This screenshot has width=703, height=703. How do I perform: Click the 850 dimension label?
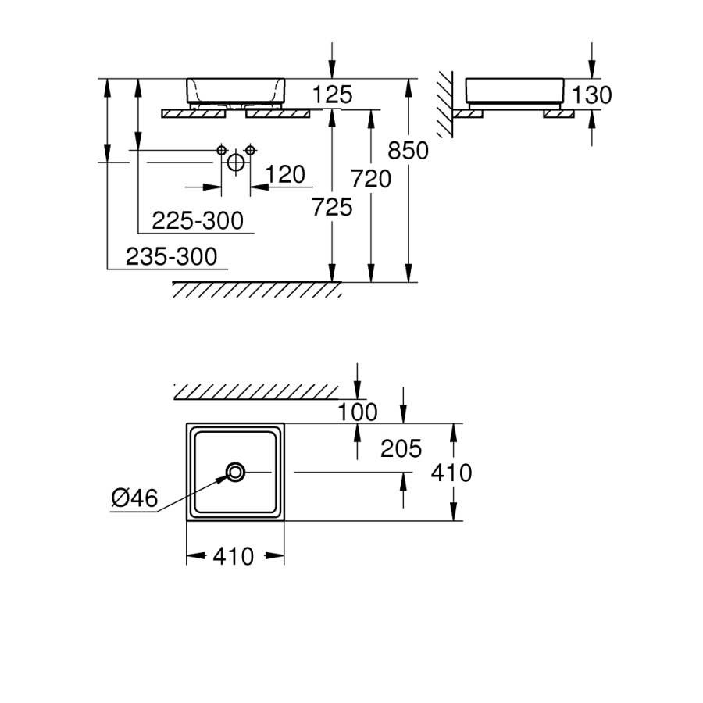click(x=409, y=150)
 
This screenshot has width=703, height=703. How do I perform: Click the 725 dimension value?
click(x=332, y=207)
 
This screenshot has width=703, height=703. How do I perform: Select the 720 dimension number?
click(x=370, y=179)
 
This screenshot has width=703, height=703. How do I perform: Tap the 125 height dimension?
click(x=332, y=95)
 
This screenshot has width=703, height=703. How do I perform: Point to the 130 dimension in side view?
click(x=591, y=95)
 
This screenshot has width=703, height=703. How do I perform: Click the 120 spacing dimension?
click(x=285, y=174)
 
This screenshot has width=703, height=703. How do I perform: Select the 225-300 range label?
click(x=198, y=221)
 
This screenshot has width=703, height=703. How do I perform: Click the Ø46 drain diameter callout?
click(x=134, y=498)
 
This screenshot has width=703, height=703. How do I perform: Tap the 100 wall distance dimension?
click(x=359, y=412)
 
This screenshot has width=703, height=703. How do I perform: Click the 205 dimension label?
click(x=401, y=448)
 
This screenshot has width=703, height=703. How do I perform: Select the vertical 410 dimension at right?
click(x=451, y=473)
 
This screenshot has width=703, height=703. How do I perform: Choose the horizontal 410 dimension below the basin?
click(x=234, y=556)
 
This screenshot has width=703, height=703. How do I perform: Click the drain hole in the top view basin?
click(x=235, y=472)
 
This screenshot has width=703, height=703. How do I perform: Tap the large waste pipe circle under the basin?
click(x=236, y=162)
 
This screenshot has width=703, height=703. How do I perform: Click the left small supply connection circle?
click(x=222, y=149)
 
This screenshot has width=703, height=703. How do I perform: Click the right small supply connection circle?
click(x=250, y=149)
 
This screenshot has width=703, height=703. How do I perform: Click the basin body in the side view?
click(x=514, y=90)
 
